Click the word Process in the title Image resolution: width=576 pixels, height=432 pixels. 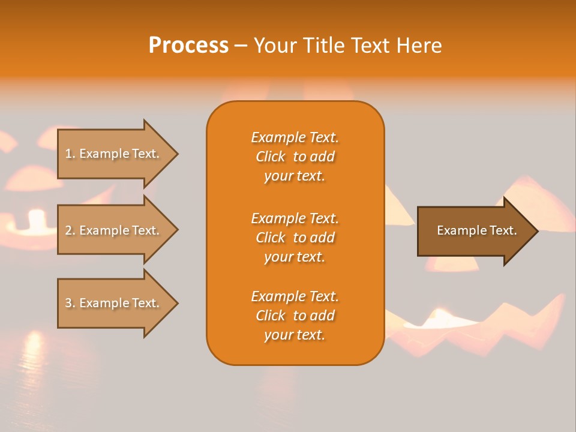click(x=188, y=46)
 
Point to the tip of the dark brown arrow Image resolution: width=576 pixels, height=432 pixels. click(x=537, y=230)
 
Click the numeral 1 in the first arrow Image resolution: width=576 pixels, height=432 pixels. click(x=68, y=154)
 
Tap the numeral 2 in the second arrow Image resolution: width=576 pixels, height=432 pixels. click(x=68, y=230)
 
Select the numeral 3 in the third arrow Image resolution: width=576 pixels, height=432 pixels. click(x=68, y=303)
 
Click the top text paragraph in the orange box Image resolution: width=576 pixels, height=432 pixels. click(x=295, y=157)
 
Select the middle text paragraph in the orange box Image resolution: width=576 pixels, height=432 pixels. click(x=295, y=238)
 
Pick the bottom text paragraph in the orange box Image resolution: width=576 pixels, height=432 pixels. click(x=295, y=316)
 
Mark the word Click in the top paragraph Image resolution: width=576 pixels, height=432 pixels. click(x=271, y=157)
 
